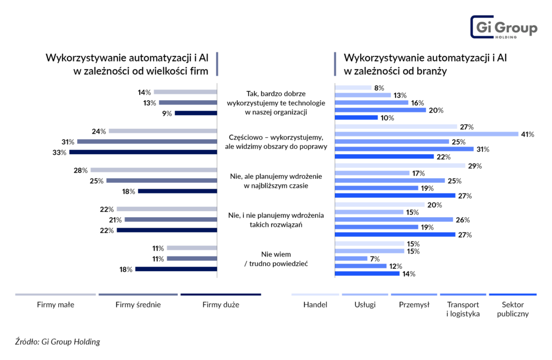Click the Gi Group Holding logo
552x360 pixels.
tap(503, 27)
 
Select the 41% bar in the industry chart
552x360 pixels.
tap(426, 134)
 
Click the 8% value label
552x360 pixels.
tap(379, 88)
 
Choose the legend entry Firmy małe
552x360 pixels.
tap(56, 304)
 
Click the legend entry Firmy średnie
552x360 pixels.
tap(138, 304)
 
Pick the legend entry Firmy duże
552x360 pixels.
tap(220, 304)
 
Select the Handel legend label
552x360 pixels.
tap(315, 304)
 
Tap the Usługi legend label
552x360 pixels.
tap(364, 304)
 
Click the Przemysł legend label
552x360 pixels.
tap(414, 304)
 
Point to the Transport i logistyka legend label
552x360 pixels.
tap(463, 309)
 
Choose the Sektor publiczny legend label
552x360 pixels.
tap(513, 309)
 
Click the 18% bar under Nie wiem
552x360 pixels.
tap(176, 269)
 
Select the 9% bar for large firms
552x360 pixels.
tap(195, 113)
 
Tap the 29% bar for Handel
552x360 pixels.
tap(399, 165)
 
